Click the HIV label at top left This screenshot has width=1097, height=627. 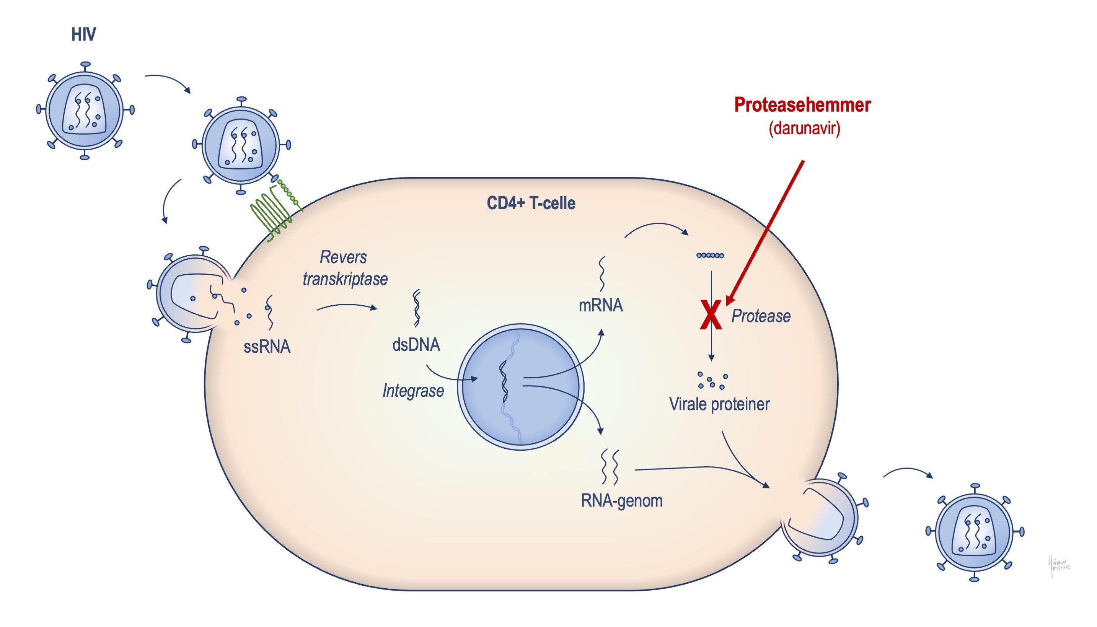[83, 34]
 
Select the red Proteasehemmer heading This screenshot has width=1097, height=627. [802, 105]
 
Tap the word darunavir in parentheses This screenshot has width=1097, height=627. [804, 128]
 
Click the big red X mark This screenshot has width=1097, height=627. [710, 315]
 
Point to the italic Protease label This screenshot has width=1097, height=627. [761, 316]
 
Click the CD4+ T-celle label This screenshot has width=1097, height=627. [531, 203]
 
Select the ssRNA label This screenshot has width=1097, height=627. [267, 347]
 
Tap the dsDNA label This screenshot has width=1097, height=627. [416, 345]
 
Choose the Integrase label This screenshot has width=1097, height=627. [413, 391]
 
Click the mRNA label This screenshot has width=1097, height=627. [600, 305]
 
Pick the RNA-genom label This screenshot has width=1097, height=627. [621, 501]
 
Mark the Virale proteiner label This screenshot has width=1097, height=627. [719, 404]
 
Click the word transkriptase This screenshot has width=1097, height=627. [345, 279]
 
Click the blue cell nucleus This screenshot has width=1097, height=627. [520, 387]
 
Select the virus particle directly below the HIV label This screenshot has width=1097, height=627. [85, 111]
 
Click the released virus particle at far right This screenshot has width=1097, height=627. [975, 532]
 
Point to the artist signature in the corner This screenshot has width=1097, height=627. [1059, 565]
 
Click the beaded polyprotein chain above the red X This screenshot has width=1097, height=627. [710, 256]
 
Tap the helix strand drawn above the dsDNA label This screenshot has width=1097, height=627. [416, 308]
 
